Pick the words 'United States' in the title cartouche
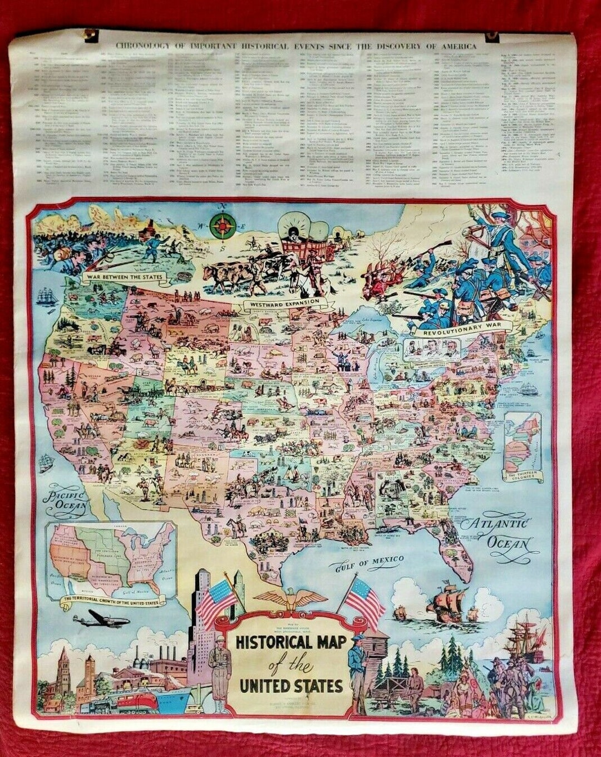291,686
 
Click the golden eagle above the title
290,599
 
